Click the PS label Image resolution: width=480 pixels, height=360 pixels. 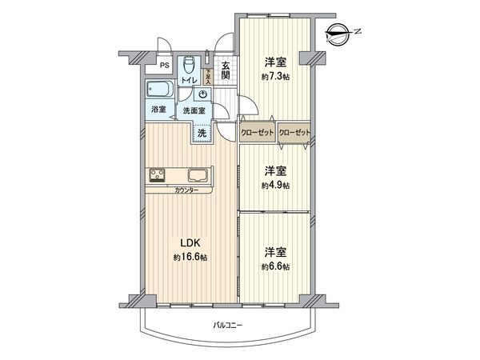[164, 66]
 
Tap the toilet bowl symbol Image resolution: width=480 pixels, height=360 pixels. [189, 63]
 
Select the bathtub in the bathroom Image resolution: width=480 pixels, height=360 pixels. [158, 89]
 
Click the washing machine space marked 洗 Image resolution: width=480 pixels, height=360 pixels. [202, 133]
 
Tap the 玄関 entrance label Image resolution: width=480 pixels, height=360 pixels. [226, 71]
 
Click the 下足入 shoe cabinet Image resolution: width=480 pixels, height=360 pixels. [209, 75]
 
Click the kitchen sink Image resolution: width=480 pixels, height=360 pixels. [198, 175]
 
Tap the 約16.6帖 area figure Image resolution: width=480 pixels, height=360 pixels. [190, 258]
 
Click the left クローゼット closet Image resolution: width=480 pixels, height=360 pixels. [258, 133]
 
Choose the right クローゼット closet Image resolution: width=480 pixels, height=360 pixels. [294, 133]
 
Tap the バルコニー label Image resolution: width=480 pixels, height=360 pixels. [228, 325]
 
